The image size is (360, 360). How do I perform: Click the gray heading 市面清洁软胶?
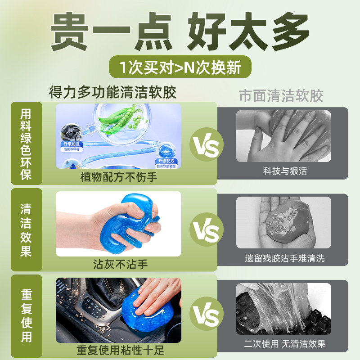(281, 96)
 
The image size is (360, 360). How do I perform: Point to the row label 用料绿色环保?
(26, 144)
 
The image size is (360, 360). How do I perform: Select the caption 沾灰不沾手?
(119, 263)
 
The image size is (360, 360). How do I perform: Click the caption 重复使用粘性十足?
(119, 350)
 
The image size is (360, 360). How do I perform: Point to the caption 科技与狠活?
(285, 171)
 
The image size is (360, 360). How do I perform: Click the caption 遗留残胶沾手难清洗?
(284, 258)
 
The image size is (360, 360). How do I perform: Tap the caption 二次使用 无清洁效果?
(284, 344)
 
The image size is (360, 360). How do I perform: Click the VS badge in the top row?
(207, 144)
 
